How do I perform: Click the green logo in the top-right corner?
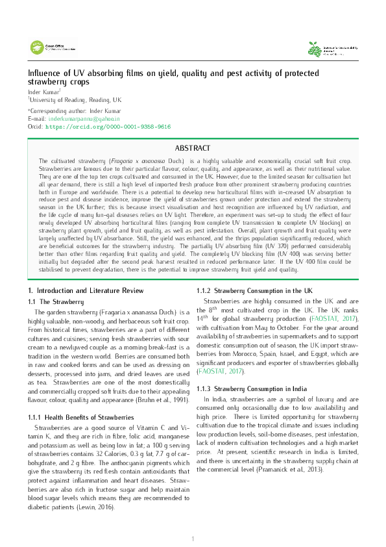[331, 48]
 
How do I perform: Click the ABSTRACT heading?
[193, 148]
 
